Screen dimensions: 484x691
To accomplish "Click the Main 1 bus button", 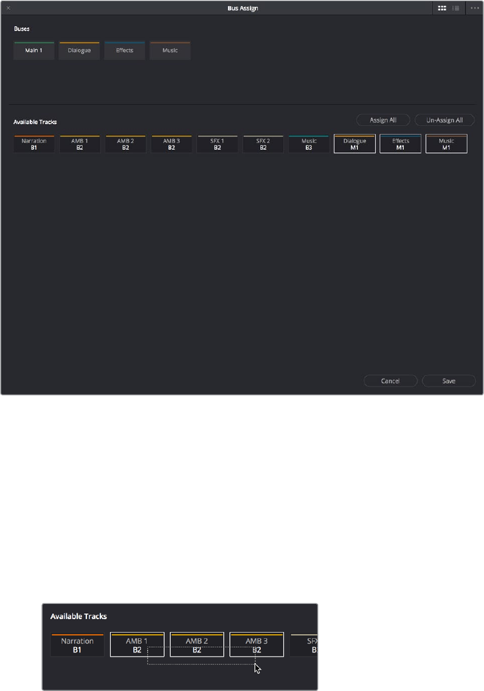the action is coord(34,51).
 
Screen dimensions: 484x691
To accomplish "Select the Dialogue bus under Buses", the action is coord(79,51).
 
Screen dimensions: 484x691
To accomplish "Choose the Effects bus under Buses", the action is coord(125,51).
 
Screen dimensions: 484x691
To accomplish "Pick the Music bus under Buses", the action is coord(170,51).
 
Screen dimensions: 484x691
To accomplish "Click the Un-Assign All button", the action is coord(444,120).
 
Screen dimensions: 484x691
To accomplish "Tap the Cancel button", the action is coord(390,381).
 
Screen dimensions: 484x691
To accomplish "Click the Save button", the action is coord(449,381).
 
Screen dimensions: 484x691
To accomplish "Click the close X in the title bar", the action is coord(8,8).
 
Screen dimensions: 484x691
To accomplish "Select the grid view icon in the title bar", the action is coord(443,8).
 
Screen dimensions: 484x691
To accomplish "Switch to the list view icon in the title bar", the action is coord(456,8).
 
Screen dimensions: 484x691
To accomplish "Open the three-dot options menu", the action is coord(475,8).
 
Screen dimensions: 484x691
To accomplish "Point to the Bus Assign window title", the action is coord(242,8).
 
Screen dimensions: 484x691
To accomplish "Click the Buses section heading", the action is coord(22,29).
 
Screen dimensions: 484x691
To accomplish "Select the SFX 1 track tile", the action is coord(218,144).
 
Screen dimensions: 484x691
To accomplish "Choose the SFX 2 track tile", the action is coord(263,144).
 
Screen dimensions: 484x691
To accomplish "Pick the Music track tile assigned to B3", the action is coord(309,144).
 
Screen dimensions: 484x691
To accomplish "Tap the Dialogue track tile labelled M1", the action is coord(354,144).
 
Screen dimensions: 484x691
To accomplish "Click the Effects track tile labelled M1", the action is coord(401,144).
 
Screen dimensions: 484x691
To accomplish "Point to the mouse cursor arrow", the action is coord(257,668).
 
